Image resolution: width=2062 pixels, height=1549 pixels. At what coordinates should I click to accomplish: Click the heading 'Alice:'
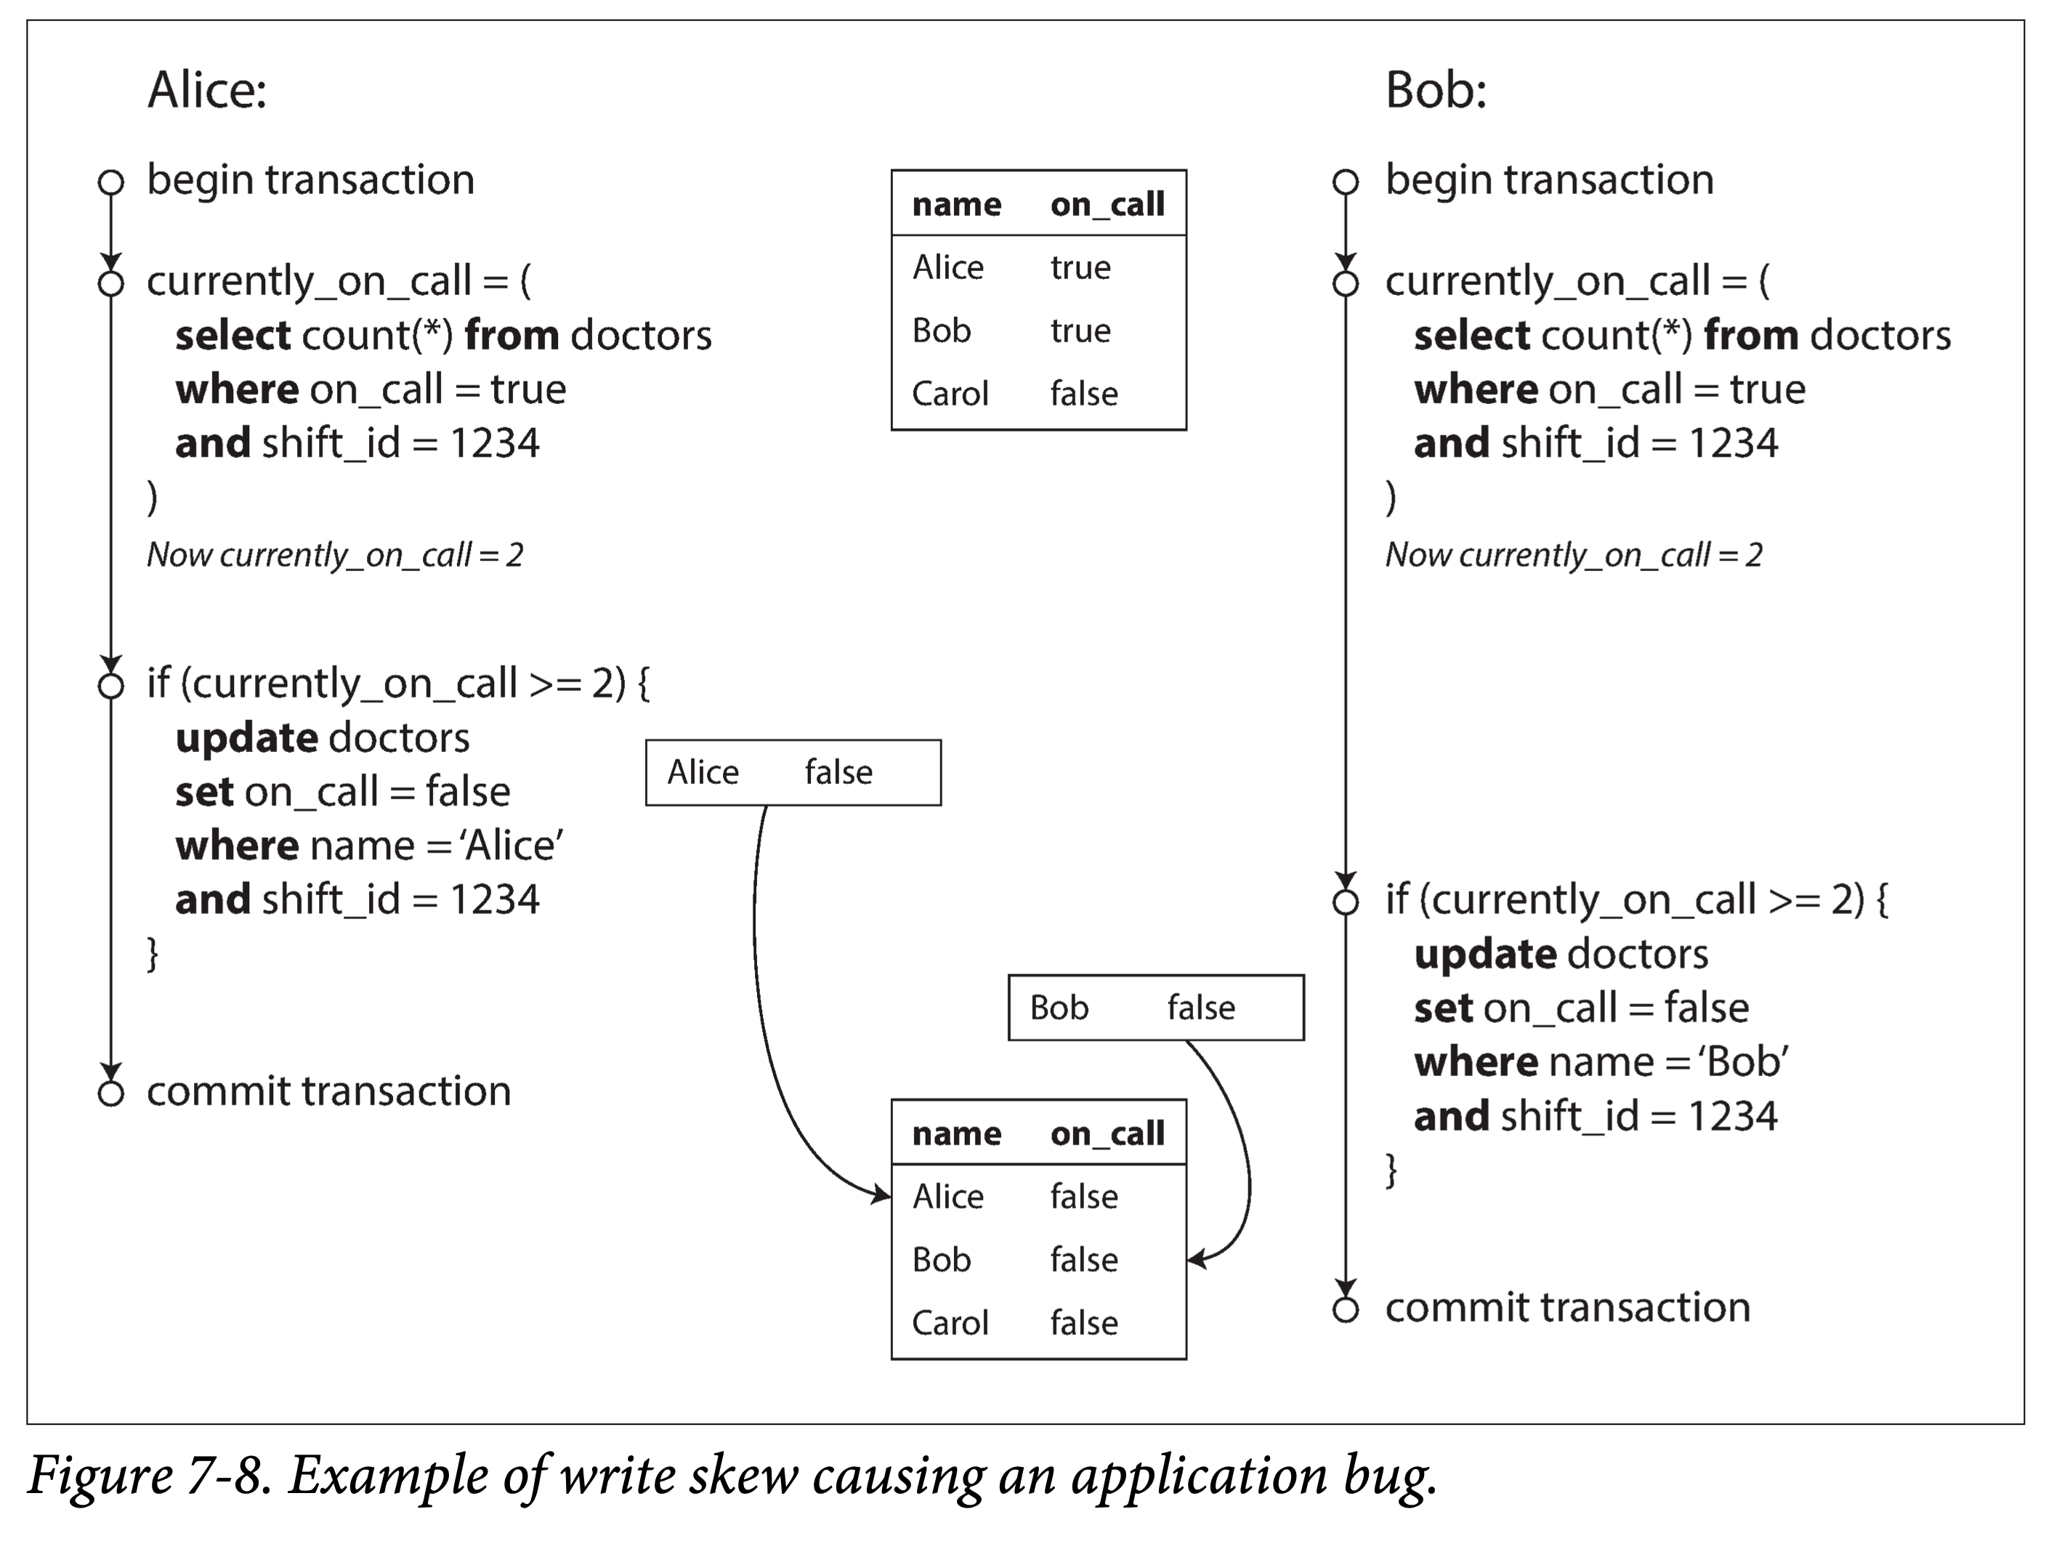(207, 90)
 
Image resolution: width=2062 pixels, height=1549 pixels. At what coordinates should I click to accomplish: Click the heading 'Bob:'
(1436, 90)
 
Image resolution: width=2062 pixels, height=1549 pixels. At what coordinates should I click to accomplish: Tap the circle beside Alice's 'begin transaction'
(111, 182)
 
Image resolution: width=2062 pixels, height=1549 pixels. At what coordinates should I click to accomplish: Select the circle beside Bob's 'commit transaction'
(1345, 1309)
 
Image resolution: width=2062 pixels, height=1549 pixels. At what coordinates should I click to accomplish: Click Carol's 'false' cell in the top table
(1084, 393)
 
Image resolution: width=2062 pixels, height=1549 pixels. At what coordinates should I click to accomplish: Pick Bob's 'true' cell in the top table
(1080, 331)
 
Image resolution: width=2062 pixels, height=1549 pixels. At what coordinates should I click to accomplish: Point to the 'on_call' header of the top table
(1107, 204)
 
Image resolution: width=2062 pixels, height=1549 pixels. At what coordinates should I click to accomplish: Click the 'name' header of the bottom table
(956, 1133)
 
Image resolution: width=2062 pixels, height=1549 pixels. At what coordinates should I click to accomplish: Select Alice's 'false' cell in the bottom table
(1084, 1196)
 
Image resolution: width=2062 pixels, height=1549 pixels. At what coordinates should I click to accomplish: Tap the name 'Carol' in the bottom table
(950, 1322)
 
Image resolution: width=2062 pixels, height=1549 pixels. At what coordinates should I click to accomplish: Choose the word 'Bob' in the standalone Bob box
(1059, 1008)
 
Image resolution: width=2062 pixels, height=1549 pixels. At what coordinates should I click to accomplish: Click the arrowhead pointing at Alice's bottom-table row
(881, 1194)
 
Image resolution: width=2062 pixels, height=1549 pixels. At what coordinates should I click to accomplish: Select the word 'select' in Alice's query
(234, 335)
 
